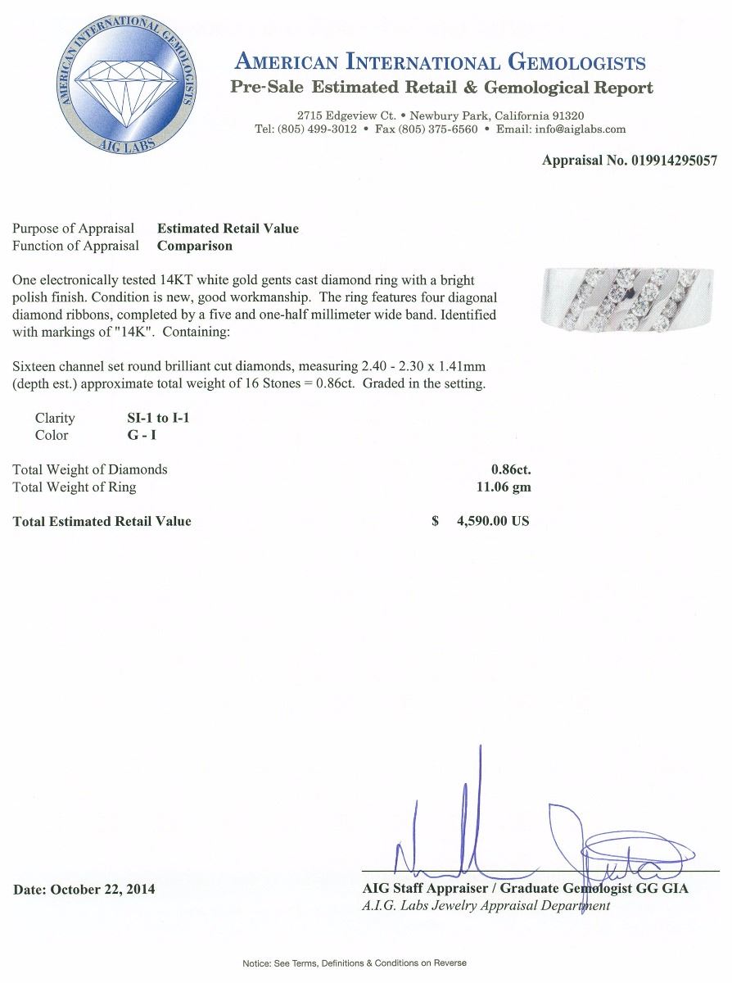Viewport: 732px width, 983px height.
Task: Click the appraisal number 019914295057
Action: pos(674,161)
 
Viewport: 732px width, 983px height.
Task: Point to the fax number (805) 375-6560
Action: pos(437,129)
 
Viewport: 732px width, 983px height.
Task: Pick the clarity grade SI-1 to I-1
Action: pos(154,418)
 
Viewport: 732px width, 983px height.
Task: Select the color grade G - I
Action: pos(137,435)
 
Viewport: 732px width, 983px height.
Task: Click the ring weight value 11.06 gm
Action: pos(498,487)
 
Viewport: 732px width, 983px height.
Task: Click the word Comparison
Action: pos(195,246)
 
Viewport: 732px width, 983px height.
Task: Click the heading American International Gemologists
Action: pos(441,62)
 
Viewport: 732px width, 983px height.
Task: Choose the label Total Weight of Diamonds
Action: pos(90,469)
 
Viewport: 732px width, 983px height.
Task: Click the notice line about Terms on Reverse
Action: pos(354,963)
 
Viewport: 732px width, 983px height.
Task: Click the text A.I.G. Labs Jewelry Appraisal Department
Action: pos(486,905)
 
